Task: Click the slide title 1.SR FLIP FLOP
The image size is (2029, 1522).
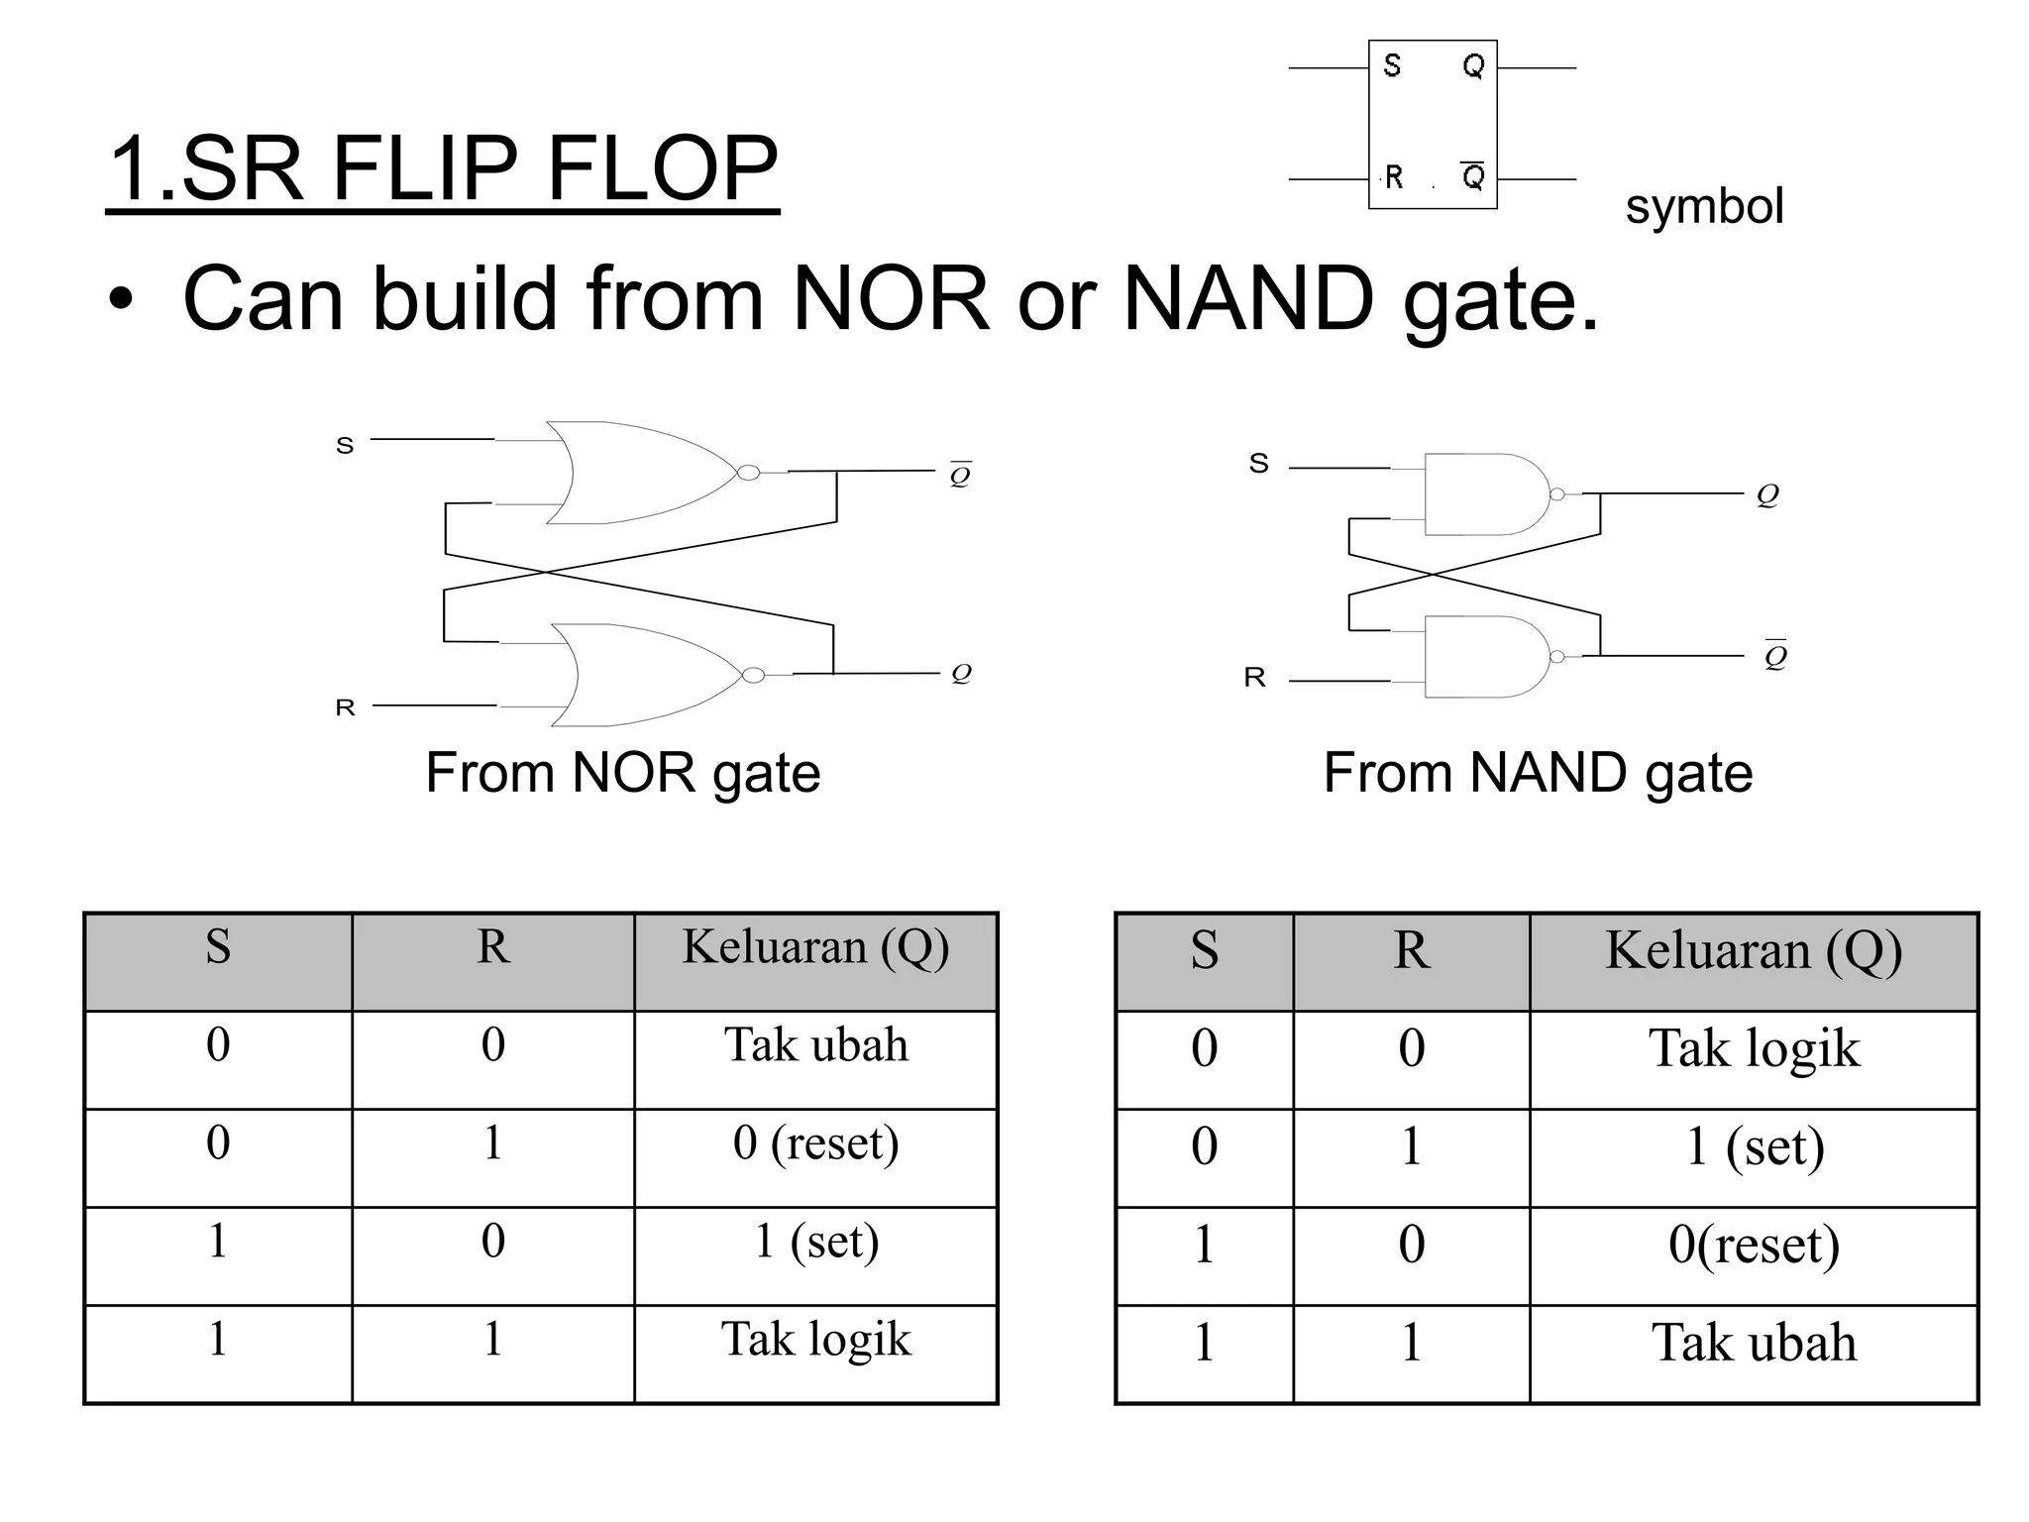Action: (442, 168)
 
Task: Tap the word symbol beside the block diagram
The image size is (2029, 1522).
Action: (1704, 206)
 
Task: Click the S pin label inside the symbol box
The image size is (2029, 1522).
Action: (1392, 66)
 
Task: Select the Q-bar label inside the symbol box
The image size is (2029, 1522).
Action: (1473, 176)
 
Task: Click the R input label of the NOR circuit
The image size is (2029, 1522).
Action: (345, 707)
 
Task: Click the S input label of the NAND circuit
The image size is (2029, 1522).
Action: (1258, 464)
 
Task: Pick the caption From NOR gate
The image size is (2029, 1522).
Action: (622, 773)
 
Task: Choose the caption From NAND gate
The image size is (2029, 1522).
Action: (1538, 773)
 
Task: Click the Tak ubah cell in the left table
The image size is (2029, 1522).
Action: (815, 1045)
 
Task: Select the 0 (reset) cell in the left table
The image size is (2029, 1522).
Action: (815, 1143)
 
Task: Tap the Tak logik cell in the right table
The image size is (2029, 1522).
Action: (1754, 1048)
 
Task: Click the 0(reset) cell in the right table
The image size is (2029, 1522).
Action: (1754, 1245)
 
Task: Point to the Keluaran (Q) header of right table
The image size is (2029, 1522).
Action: (1754, 950)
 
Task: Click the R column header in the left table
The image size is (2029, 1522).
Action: (493, 947)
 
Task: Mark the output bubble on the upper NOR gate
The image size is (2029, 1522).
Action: (749, 473)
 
